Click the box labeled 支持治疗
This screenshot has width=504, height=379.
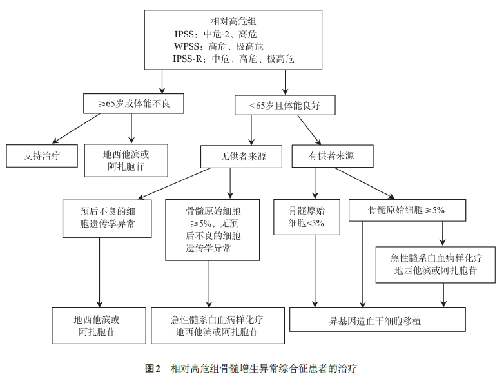(x=42, y=155)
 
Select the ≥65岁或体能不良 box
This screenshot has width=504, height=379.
(x=134, y=104)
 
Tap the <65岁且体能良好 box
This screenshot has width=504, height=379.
(x=285, y=104)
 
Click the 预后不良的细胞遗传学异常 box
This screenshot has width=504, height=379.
(x=99, y=218)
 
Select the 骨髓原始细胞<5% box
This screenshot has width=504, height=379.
(x=307, y=217)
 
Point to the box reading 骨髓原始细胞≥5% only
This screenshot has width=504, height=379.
(x=407, y=209)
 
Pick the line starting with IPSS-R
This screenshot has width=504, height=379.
(x=233, y=59)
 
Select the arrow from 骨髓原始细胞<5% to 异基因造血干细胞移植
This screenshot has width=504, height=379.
(x=315, y=271)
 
